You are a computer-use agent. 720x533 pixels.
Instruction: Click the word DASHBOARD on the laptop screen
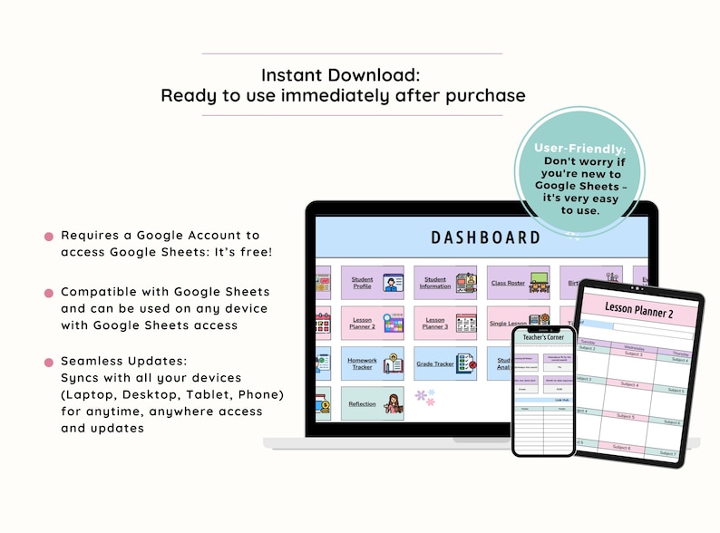(485, 237)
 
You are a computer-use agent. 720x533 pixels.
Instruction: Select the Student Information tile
(445, 282)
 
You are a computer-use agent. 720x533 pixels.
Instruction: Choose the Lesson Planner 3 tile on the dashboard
(445, 323)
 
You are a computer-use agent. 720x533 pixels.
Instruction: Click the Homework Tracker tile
(372, 363)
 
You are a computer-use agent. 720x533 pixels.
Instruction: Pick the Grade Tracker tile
(445, 363)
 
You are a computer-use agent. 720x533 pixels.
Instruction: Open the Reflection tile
(372, 403)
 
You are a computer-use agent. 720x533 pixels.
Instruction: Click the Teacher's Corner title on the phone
(544, 336)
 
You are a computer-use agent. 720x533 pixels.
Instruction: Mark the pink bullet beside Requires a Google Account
(49, 237)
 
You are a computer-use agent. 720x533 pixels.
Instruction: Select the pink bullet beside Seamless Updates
(49, 363)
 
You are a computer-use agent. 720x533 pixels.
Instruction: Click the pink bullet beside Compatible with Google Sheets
(49, 293)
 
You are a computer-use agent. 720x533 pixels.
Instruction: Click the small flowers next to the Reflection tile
(424, 397)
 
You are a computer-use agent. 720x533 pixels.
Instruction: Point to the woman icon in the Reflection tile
(394, 403)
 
